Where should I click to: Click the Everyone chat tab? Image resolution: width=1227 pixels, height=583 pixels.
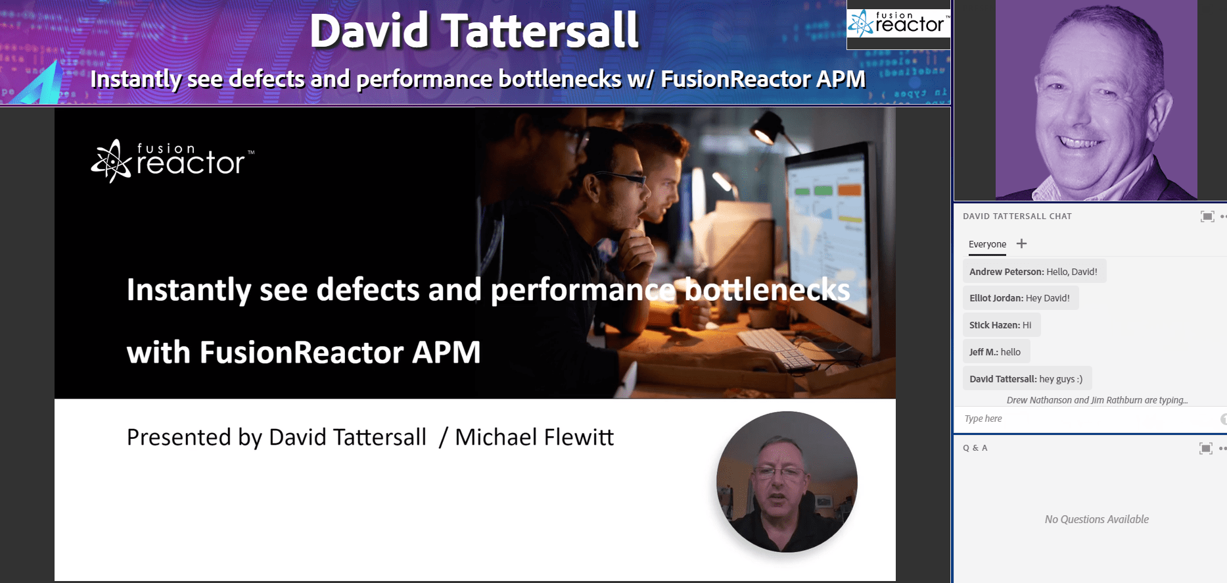(987, 244)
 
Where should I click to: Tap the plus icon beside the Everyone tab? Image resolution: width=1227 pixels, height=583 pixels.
(1021, 243)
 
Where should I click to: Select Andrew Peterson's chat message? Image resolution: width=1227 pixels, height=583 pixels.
(1034, 271)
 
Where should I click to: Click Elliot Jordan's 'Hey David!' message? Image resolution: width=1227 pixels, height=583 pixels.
(1021, 298)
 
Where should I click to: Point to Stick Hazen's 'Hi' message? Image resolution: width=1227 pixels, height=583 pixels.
(1002, 325)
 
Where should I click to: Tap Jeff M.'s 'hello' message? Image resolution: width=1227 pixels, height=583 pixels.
(996, 352)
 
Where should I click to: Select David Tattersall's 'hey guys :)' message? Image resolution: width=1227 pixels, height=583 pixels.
(1027, 379)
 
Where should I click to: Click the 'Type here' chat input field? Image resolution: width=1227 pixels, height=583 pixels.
(1088, 418)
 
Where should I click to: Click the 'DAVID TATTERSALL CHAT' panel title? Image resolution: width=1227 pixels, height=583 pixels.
(1017, 216)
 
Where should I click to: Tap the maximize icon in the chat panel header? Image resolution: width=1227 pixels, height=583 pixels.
(1207, 216)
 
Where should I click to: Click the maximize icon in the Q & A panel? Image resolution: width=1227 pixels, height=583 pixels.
(1206, 449)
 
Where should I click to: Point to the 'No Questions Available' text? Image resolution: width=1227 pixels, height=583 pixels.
(1097, 519)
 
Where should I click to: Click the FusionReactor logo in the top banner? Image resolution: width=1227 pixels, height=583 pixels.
(898, 24)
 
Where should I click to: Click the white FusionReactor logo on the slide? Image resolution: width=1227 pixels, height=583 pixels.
(172, 161)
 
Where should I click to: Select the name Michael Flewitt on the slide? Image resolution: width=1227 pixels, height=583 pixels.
(534, 437)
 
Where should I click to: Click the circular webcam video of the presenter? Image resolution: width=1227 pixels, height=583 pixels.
(787, 482)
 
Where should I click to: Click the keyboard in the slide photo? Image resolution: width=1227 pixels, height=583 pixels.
(779, 348)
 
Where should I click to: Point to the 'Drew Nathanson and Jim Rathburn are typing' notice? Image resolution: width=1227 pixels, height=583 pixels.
(1097, 400)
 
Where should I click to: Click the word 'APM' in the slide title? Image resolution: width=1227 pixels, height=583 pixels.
(446, 352)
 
